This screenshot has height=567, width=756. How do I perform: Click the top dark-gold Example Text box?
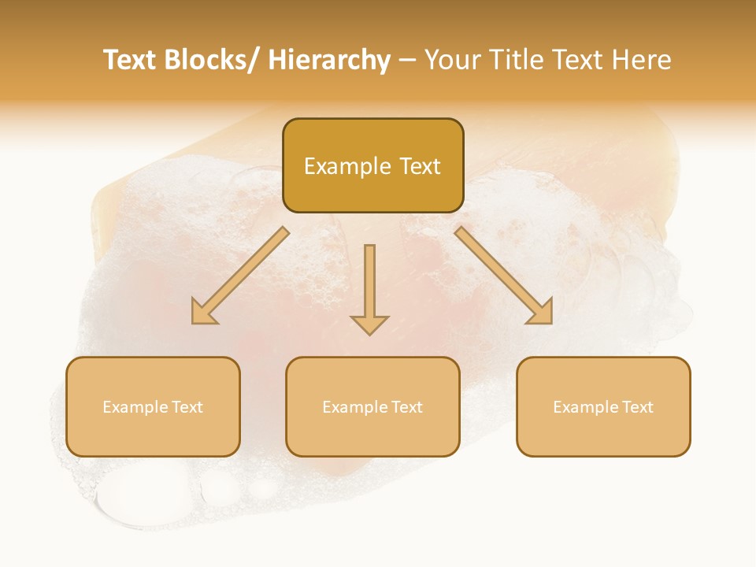[372, 165]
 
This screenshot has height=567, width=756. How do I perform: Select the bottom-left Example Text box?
[152, 406]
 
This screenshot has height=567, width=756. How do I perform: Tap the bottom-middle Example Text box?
[372, 406]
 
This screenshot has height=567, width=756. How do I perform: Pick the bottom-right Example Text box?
[603, 406]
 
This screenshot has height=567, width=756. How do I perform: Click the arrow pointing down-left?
[240, 276]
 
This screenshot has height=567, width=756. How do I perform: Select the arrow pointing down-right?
[504, 276]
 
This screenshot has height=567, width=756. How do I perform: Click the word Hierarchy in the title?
[328, 60]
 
